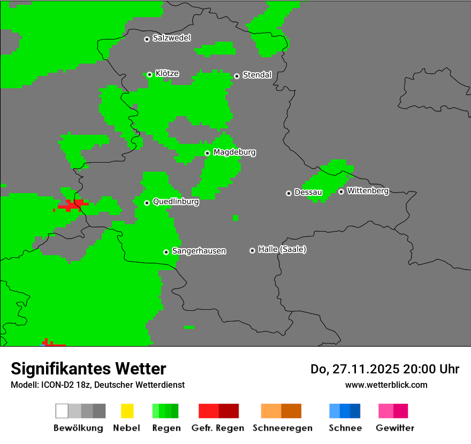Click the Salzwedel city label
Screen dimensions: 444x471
(x=171, y=38)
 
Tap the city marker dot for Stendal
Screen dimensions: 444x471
(x=237, y=76)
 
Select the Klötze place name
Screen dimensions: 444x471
(x=167, y=74)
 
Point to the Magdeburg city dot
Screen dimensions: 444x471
(x=207, y=153)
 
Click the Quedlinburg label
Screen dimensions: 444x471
(x=176, y=202)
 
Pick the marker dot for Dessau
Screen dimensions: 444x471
(x=288, y=193)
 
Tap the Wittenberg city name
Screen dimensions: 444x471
(x=368, y=190)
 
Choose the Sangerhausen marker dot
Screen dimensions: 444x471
(x=166, y=252)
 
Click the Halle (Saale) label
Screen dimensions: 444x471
(x=282, y=249)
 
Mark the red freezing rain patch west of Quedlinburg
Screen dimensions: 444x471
(x=72, y=205)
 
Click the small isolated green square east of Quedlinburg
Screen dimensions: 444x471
(x=236, y=218)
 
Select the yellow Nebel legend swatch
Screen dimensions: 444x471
(x=127, y=411)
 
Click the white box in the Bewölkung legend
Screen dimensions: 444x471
(x=62, y=411)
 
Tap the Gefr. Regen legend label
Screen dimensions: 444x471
(x=218, y=428)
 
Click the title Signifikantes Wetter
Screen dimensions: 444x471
(x=88, y=369)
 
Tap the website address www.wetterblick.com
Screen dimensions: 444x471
(x=386, y=385)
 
